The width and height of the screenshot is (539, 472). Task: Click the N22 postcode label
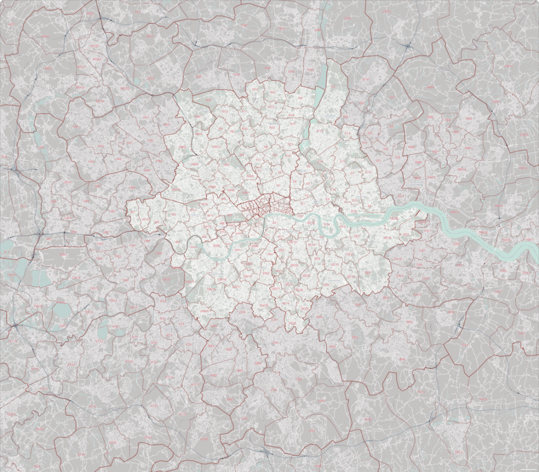(x=273, y=127)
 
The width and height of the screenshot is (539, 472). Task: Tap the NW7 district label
(x=198, y=116)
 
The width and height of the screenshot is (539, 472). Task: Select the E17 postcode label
(x=321, y=131)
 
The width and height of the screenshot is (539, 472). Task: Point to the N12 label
(x=225, y=112)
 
